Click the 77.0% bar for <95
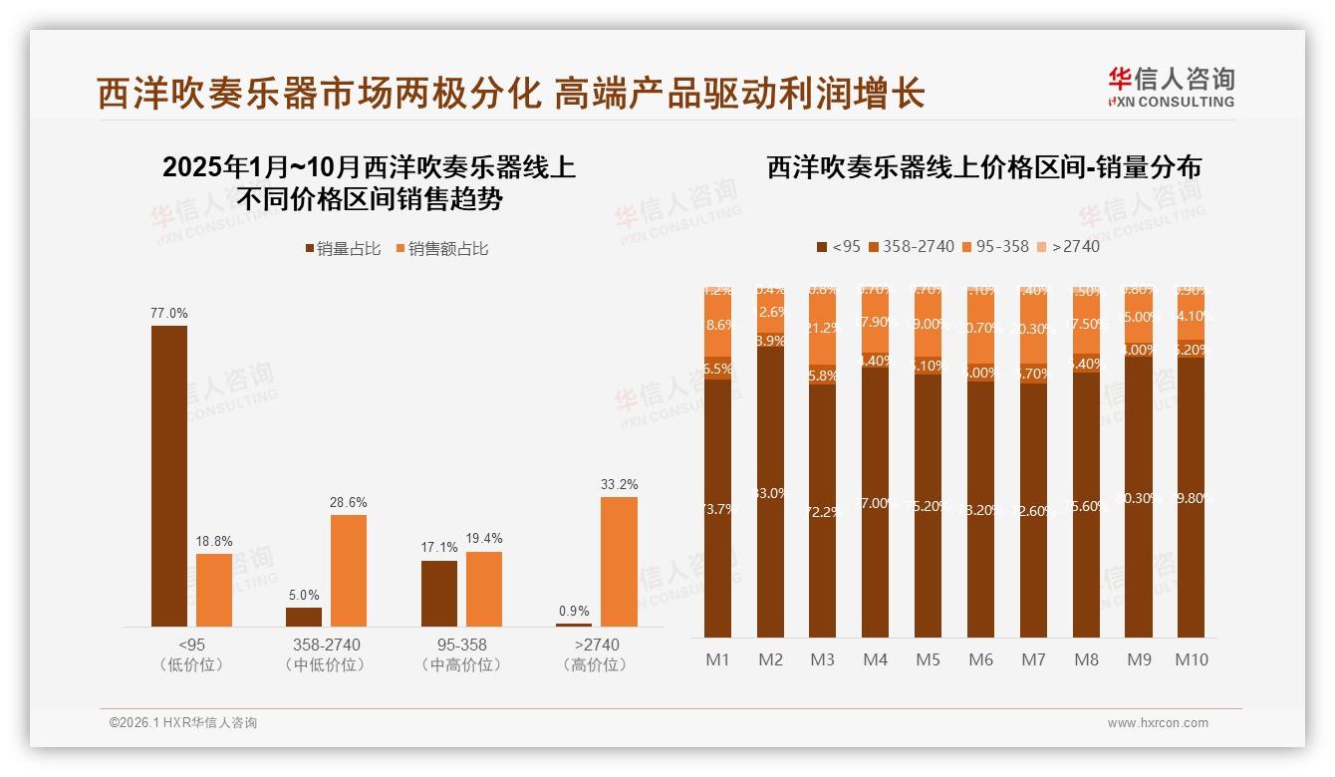click(169, 475)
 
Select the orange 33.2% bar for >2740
click(619, 561)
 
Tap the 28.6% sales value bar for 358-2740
click(349, 570)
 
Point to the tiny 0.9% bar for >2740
click(574, 625)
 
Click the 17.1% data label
click(439, 547)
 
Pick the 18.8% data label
click(214, 540)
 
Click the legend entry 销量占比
click(342, 249)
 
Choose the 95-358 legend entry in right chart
click(995, 246)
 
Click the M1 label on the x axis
click(717, 659)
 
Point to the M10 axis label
click(1191, 659)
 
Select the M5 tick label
click(928, 659)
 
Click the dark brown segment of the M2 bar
click(770, 492)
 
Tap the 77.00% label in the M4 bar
click(876, 503)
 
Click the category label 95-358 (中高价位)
click(460, 654)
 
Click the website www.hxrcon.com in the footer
click(1157, 723)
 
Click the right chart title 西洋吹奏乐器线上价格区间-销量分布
click(983, 167)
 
